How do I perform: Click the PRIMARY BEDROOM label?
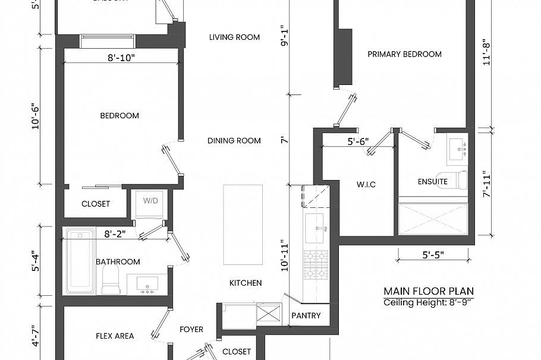pos(404,54)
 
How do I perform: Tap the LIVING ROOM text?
pos(234,37)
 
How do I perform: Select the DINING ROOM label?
pos(234,141)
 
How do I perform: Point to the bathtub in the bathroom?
pos(80,261)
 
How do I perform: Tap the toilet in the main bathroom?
pos(111,280)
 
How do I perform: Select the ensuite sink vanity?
pos(457,149)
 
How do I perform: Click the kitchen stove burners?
pos(316,266)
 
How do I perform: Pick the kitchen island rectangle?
pos(243,225)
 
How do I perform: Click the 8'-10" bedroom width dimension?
pos(121,58)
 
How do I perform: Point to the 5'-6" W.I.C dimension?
pos(358,141)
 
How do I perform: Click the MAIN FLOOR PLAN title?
pos(429,291)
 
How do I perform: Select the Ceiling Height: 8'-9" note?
pos(429,303)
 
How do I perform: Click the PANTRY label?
pos(306,315)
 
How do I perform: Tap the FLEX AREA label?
pos(115,336)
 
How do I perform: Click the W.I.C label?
pos(366,185)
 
